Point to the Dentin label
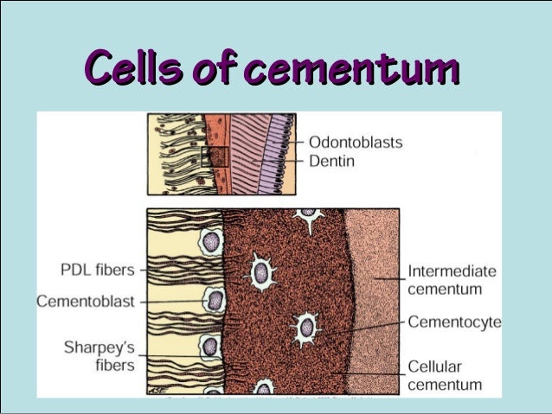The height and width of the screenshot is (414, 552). (x=332, y=162)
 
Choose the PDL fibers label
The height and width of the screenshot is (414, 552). (x=98, y=270)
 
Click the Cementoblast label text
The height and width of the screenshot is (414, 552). (x=85, y=301)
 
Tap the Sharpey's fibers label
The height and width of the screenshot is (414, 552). (x=99, y=356)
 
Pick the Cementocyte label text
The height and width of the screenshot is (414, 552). (x=454, y=322)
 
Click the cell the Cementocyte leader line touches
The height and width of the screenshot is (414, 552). (x=306, y=328)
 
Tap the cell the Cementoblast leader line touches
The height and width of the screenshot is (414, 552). (x=213, y=300)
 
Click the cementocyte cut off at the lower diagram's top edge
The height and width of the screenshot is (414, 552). (x=307, y=213)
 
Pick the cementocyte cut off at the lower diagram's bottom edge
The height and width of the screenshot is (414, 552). (x=263, y=388)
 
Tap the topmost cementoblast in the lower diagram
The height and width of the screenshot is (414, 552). (x=211, y=241)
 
